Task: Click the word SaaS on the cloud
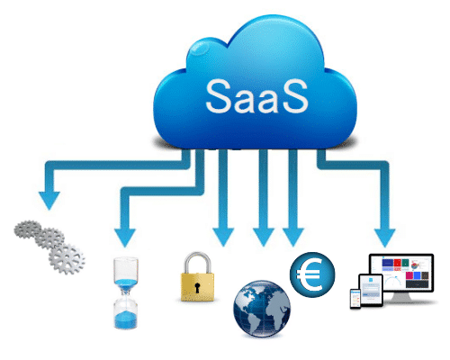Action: click(256, 96)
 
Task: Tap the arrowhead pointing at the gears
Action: click(49, 200)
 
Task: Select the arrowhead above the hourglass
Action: click(125, 238)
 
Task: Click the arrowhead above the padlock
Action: click(223, 237)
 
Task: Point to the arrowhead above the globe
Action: click(264, 237)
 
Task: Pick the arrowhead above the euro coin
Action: click(293, 237)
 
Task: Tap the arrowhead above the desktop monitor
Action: click(385, 238)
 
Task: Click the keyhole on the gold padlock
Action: click(197, 287)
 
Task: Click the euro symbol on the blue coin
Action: click(310, 274)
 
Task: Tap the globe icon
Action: click(262, 309)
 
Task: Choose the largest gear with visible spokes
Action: click(67, 259)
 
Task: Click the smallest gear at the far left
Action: click(28, 229)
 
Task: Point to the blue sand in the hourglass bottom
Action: click(125, 319)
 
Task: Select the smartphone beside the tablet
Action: click(355, 299)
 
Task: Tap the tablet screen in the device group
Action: click(372, 291)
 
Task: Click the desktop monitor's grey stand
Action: click(401, 298)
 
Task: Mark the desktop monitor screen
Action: click(401, 273)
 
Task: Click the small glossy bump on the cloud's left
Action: click(198, 48)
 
